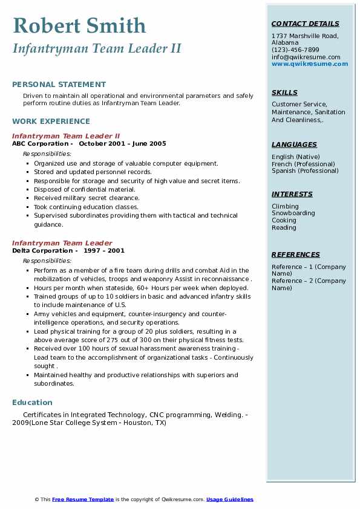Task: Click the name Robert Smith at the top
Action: [x=79, y=25]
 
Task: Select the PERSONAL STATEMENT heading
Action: [x=59, y=85]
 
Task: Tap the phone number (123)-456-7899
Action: [x=295, y=50]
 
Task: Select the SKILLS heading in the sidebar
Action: [x=284, y=92]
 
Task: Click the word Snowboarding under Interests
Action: [x=293, y=213]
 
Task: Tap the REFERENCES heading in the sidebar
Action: [x=295, y=254]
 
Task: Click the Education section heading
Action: [x=32, y=402]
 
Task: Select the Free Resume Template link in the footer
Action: [x=83, y=499]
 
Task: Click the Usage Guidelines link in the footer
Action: [x=229, y=499]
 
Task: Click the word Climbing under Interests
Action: [x=285, y=206]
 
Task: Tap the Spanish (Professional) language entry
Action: [x=305, y=171]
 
